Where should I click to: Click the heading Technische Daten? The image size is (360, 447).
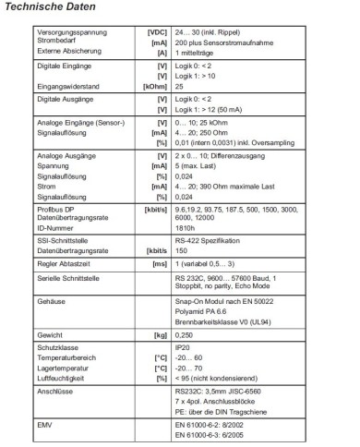[x=47, y=7]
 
